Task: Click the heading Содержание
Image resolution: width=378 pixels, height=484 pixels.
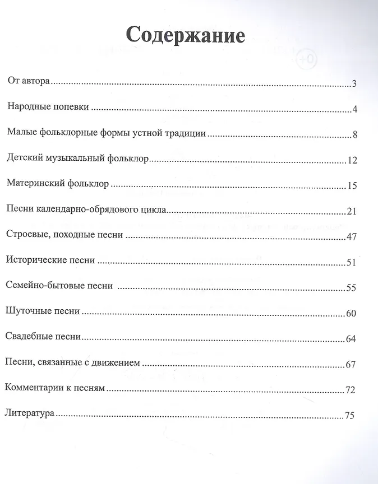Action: (186, 35)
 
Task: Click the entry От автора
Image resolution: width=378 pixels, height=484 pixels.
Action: (29, 82)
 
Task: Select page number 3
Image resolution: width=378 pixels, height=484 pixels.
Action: (354, 85)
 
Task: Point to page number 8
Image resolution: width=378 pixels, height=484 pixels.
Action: (354, 135)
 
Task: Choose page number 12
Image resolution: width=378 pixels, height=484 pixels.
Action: (352, 161)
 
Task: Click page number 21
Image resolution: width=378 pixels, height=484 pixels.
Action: (352, 211)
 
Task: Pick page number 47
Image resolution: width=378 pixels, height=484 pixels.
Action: (352, 237)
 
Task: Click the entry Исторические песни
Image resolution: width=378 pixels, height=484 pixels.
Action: (49, 260)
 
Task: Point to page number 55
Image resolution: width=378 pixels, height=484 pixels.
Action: (352, 288)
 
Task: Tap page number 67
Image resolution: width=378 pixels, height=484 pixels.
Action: (352, 365)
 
